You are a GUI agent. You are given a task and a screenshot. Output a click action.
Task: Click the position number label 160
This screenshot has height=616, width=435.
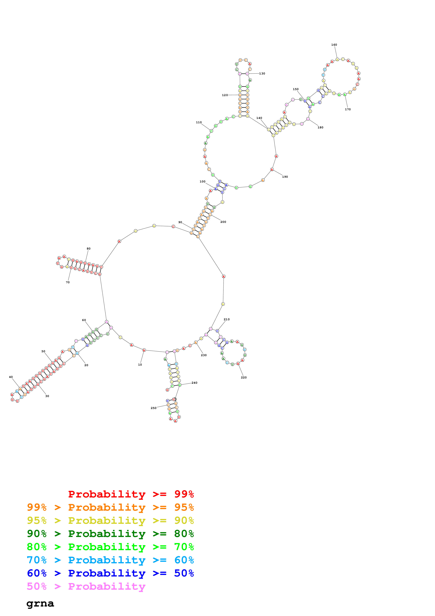334,45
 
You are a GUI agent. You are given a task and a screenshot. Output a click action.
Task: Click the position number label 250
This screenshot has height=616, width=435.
153,408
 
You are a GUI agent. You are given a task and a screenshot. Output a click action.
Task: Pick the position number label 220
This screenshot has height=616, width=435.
244,378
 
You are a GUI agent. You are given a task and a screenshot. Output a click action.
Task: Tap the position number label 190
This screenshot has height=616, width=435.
285,177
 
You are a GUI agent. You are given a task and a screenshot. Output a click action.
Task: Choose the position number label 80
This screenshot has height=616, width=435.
88,249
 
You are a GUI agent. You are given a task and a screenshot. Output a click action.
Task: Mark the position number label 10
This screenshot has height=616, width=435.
140,365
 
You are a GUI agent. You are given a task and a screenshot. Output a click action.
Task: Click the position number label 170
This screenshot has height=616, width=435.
348,109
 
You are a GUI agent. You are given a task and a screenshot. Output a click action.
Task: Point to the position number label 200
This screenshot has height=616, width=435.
223,222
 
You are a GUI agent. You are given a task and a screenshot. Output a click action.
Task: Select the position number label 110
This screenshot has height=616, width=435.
199,122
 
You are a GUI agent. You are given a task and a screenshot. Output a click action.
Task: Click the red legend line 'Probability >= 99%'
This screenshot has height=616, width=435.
131,494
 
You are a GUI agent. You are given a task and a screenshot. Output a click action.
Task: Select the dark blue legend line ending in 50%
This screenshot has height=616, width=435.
110,573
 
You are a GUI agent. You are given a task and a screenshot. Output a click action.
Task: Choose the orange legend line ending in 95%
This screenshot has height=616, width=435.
110,507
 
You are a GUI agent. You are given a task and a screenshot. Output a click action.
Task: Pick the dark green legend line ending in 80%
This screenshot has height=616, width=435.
110,534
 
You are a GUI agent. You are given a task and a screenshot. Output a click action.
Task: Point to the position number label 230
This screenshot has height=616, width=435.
204,355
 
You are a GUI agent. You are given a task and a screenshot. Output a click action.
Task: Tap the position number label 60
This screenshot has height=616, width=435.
84,320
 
